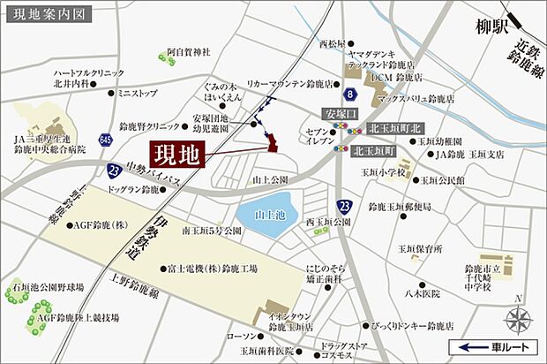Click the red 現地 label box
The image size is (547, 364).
pos(177,155)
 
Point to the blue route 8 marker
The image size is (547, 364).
pos(350,94)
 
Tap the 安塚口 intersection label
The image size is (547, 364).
pos(338,115)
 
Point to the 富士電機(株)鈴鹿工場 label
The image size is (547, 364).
pos(210,268)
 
